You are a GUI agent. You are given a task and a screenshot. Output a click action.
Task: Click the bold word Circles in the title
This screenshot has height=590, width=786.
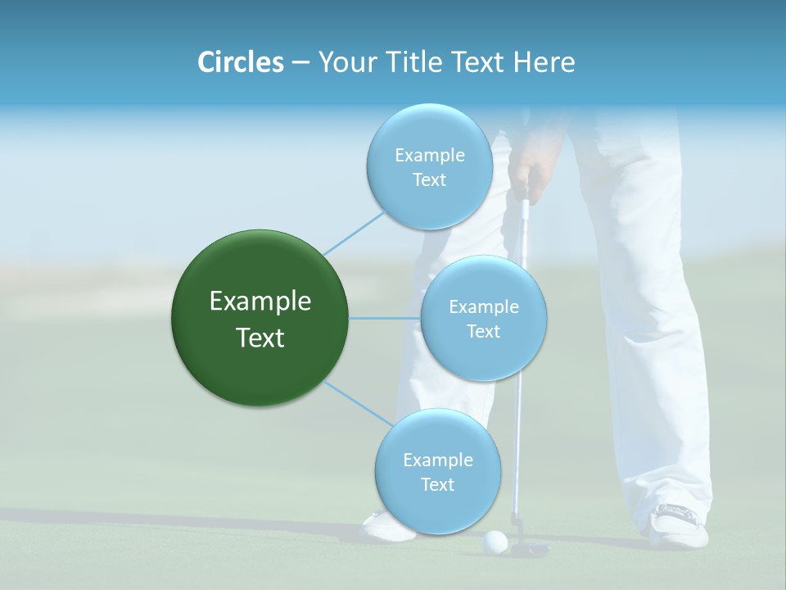[240, 62]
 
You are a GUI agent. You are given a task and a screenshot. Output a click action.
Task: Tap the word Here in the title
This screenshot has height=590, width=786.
[544, 62]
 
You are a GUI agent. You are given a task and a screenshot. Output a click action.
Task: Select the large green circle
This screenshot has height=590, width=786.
[260, 318]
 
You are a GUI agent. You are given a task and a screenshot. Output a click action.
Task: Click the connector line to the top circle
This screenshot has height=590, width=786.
[354, 232]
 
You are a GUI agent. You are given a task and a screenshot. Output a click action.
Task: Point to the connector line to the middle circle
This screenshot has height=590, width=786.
[385, 318]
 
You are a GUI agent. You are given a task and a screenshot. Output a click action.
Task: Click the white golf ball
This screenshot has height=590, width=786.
[495, 540]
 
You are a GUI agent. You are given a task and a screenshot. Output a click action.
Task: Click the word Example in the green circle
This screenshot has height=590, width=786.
[260, 302]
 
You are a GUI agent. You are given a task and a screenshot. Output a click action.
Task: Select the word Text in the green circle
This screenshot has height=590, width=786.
[260, 338]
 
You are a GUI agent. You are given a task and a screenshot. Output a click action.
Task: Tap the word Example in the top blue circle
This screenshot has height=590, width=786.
[429, 156]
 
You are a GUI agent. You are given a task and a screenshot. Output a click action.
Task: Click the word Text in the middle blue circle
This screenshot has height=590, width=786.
[483, 332]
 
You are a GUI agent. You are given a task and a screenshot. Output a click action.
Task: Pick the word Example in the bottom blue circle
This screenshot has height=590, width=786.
[437, 461]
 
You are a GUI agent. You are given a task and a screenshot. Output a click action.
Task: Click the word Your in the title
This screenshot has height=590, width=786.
[344, 62]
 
